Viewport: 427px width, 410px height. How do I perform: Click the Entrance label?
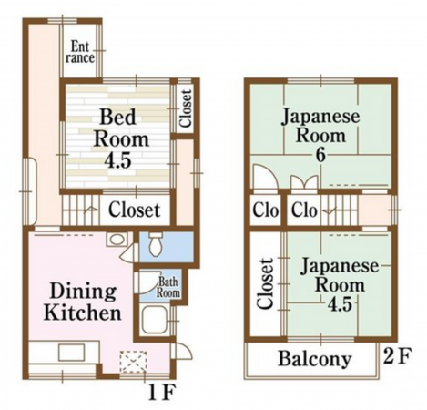(x=80, y=52)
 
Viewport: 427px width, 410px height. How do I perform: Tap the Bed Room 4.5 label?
(x=121, y=138)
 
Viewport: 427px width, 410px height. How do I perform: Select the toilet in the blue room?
(x=157, y=244)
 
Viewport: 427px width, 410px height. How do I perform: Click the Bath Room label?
(x=168, y=287)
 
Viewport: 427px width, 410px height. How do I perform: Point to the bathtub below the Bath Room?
(x=155, y=320)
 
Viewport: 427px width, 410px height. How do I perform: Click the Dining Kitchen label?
(x=83, y=302)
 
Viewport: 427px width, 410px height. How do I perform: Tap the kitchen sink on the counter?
(x=72, y=353)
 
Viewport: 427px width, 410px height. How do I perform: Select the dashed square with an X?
(x=134, y=362)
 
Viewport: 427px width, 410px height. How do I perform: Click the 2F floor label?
(x=398, y=356)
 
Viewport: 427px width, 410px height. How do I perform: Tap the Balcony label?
(x=315, y=359)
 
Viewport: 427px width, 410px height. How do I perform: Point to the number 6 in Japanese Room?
(x=320, y=155)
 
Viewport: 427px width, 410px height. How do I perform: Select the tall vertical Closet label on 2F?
(x=265, y=283)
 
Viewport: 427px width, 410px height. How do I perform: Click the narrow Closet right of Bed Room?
(x=185, y=108)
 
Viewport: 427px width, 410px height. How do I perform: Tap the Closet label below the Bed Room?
(x=134, y=210)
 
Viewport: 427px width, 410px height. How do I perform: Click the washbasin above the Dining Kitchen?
(x=117, y=240)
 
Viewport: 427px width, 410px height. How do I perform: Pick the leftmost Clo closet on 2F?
(x=266, y=210)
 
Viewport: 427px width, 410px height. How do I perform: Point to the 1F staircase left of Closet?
(x=81, y=210)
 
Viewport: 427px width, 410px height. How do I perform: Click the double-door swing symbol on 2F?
(x=304, y=183)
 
